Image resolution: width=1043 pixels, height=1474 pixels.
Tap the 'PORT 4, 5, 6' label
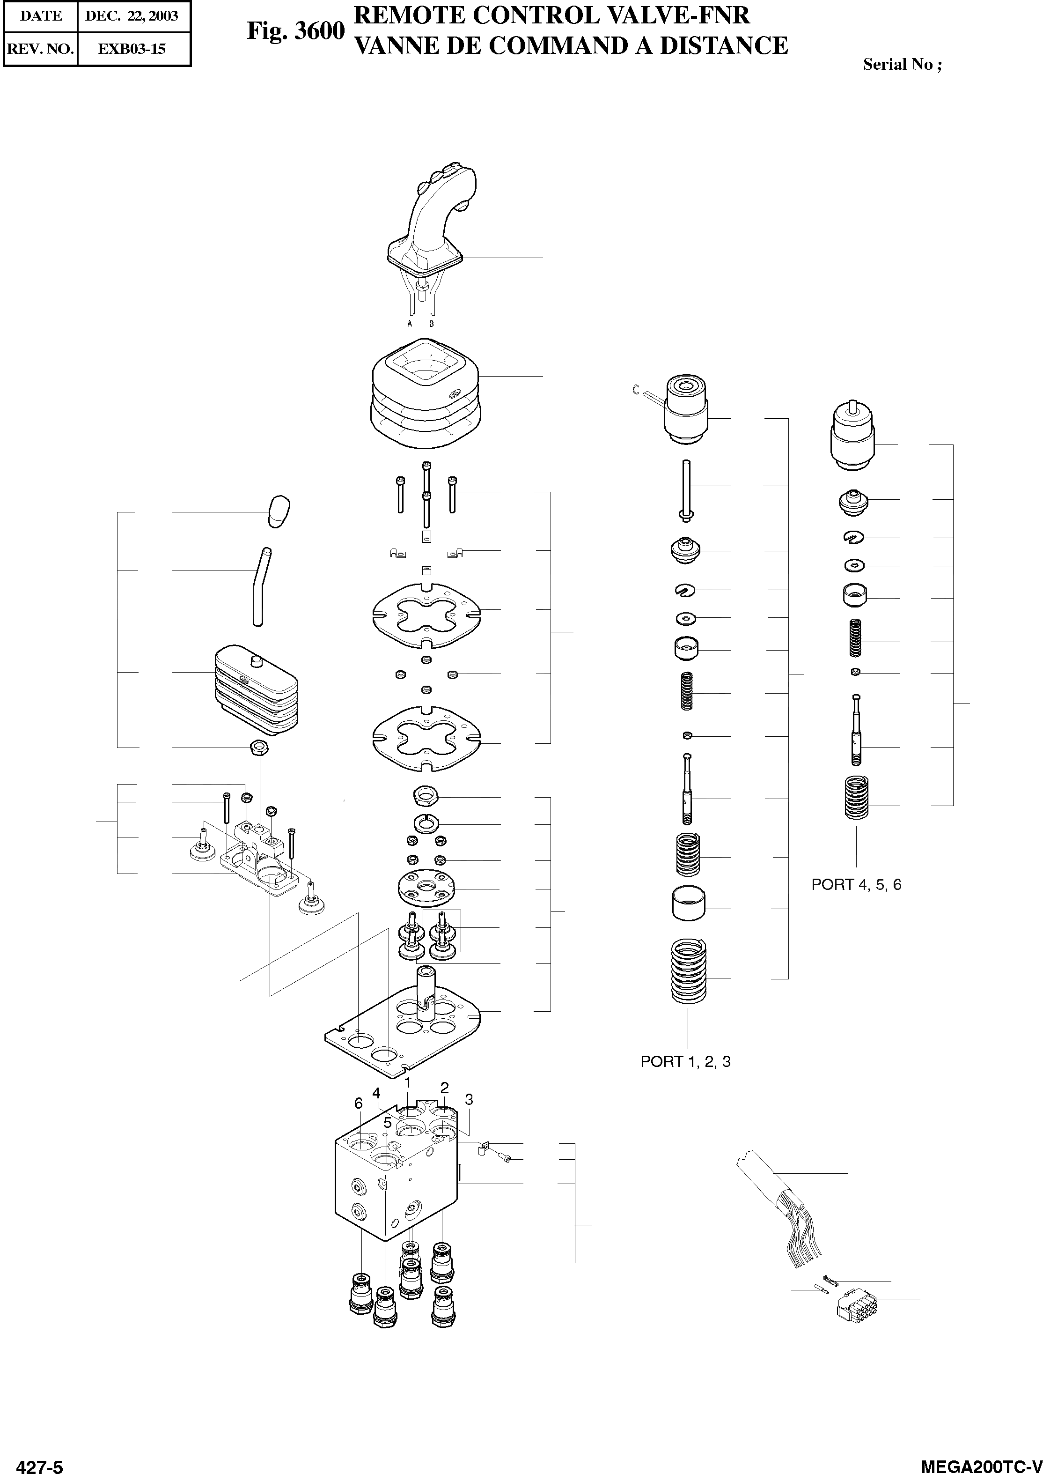(x=856, y=885)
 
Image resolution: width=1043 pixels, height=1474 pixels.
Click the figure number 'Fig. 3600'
(x=296, y=31)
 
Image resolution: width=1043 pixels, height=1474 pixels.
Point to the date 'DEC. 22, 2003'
(x=132, y=16)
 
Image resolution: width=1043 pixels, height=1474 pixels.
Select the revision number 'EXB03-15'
(x=132, y=49)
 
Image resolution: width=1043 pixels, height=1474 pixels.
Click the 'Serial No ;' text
(x=903, y=64)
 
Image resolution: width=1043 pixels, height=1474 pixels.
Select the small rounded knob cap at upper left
(x=278, y=511)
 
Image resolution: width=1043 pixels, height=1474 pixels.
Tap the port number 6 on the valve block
(x=359, y=1103)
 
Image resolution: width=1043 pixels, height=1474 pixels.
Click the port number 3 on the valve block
(x=469, y=1099)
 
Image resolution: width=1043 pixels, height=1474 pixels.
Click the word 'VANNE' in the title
(x=395, y=46)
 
